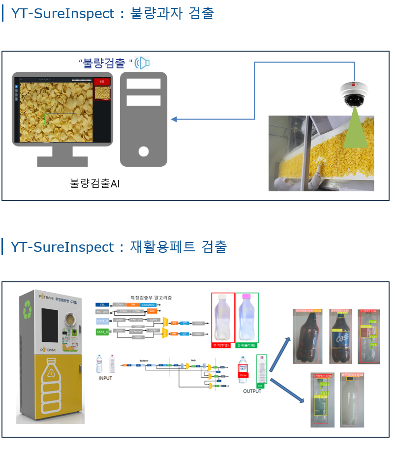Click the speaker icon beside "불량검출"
142,63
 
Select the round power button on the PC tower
144,151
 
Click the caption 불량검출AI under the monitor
95,184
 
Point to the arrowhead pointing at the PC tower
174,119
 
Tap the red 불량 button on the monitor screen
102,81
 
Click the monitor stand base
62,161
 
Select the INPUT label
105,378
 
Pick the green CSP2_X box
102,332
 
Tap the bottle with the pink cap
246,318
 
